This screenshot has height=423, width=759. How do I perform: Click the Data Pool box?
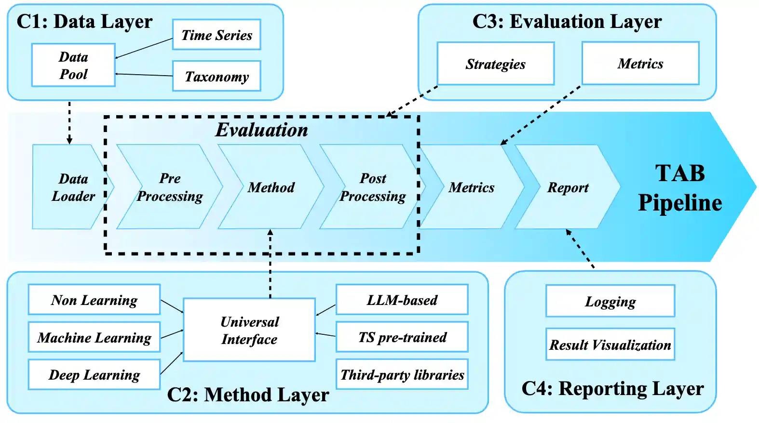pyautogui.click(x=73, y=66)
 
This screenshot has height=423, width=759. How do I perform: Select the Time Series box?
pyautogui.click(x=217, y=35)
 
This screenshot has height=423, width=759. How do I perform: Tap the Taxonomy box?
pyautogui.click(x=217, y=76)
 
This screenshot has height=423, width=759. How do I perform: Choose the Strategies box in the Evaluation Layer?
pyautogui.click(x=495, y=64)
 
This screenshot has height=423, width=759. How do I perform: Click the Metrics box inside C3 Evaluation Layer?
pyautogui.click(x=640, y=63)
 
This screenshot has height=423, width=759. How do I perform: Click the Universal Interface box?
pyautogui.click(x=249, y=330)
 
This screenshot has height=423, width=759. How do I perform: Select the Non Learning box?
pyautogui.click(x=94, y=300)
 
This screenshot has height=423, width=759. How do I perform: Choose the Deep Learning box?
pyautogui.click(x=94, y=374)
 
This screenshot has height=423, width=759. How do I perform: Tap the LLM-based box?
pyautogui.click(x=402, y=300)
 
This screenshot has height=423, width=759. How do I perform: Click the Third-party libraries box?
pyautogui.click(x=402, y=374)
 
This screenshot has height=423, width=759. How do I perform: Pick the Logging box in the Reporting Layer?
pyautogui.click(x=610, y=301)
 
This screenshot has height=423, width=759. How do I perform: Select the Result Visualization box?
pyautogui.click(x=610, y=344)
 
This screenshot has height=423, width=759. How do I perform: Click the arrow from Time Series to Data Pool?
pyautogui.click(x=144, y=48)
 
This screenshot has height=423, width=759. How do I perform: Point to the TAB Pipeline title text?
pyautogui.click(x=680, y=188)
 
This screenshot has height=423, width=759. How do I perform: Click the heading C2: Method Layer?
pyautogui.click(x=248, y=395)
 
